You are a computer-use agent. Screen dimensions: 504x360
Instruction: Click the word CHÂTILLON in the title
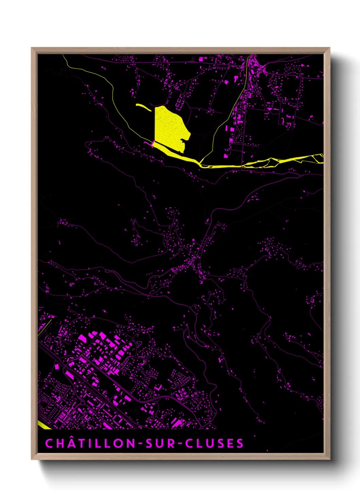[90, 443]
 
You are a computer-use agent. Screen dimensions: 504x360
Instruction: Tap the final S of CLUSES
[240, 443]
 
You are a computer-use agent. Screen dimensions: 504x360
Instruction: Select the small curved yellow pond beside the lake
[144, 107]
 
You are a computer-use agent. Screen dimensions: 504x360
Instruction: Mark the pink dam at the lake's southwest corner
[153, 143]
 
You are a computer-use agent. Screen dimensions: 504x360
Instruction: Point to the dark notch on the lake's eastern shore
[185, 140]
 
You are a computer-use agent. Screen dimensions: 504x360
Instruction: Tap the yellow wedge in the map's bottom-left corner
[43, 425]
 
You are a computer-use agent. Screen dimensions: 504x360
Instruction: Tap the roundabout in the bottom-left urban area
[82, 403]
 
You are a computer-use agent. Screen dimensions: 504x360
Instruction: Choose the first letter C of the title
[49, 443]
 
